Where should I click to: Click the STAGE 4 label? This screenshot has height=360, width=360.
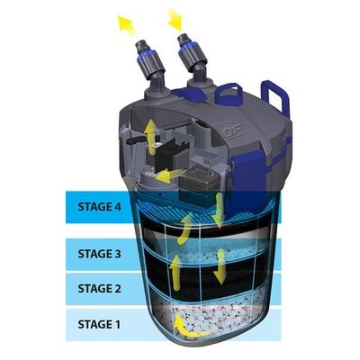pos(100,207)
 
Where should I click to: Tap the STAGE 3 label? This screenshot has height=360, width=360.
pos(100,254)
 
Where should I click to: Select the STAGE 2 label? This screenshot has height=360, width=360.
pos(100,289)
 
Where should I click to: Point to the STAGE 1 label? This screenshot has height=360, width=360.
pos(99,324)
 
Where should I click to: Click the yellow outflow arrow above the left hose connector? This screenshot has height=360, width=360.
pos(127,23)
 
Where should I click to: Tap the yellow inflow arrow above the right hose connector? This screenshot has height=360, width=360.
pos(175,20)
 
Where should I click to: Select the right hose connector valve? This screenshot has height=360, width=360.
pos(193,58)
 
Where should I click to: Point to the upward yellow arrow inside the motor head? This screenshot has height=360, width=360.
pos(150,136)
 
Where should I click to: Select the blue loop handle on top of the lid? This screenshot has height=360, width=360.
pos(229,94)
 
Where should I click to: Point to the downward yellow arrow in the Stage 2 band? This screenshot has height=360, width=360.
pos(221,266)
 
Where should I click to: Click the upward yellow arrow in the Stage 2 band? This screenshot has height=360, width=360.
pos(175,273)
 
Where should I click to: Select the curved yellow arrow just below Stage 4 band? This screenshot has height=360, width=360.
pos(184,228)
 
